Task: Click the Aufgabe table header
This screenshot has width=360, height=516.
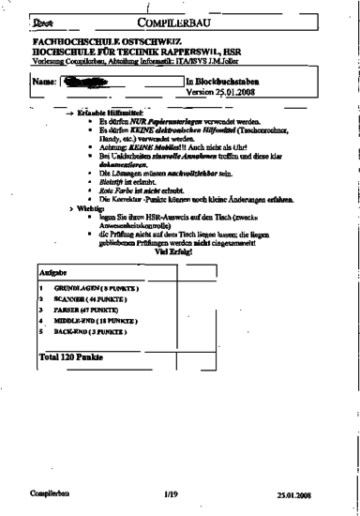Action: point(50,271)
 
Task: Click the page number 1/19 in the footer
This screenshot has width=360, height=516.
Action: point(170,492)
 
